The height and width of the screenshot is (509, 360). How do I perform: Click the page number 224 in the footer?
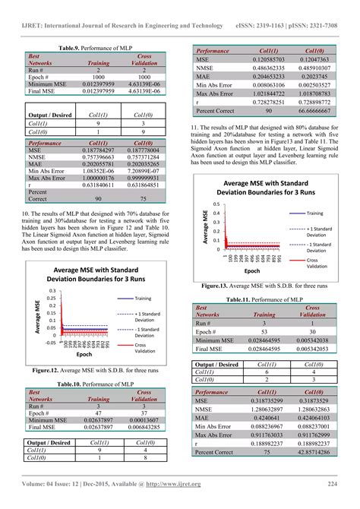(333, 484)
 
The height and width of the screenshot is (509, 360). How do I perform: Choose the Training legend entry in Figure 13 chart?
(314, 213)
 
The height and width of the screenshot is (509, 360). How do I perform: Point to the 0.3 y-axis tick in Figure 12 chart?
(52, 292)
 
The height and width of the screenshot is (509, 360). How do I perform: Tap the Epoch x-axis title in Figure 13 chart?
(251, 270)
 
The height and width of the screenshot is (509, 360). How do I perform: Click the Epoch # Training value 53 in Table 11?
(264, 332)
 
